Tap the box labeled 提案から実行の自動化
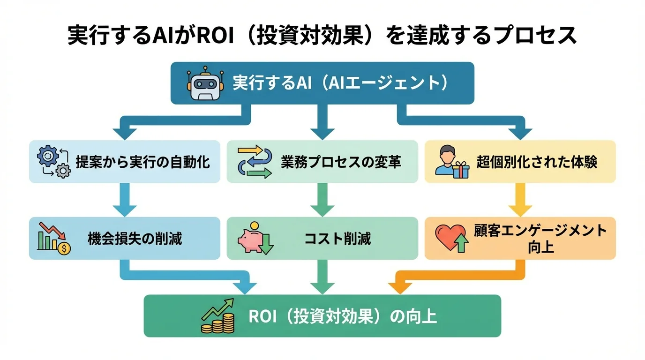(x=125, y=162)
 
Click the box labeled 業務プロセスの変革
(x=322, y=162)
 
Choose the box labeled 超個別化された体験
(x=520, y=162)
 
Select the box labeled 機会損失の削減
(x=125, y=238)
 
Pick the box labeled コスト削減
(x=322, y=238)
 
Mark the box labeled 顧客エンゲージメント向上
(x=520, y=238)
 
